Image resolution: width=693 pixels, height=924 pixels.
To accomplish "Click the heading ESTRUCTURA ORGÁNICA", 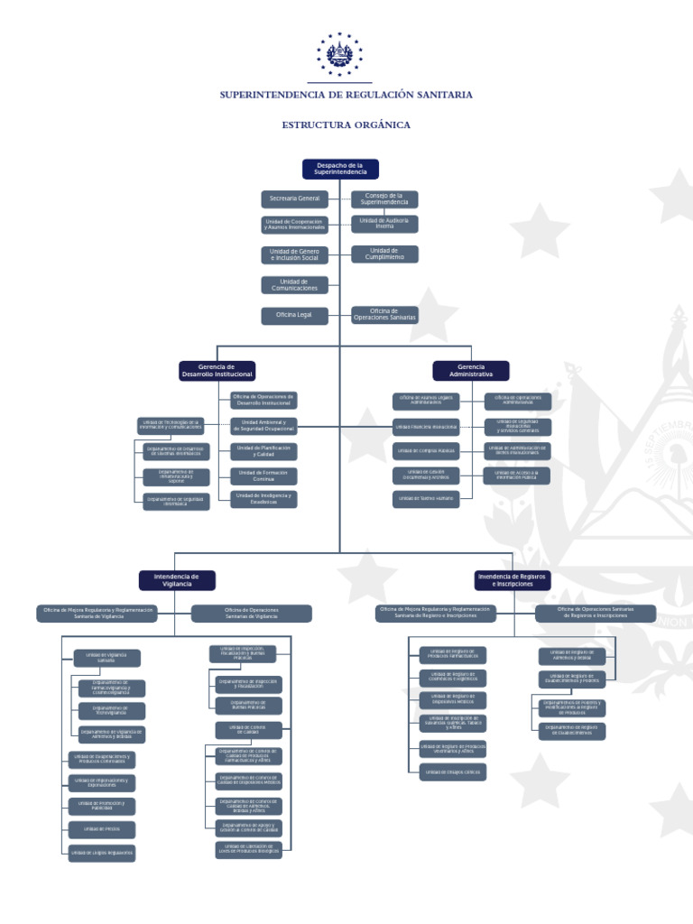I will (x=346, y=125).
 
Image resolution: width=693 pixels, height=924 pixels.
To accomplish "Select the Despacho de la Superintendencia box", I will (x=340, y=169).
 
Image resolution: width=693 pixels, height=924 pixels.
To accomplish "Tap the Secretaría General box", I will (x=295, y=199).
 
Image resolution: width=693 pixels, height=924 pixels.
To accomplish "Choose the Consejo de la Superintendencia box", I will (x=384, y=199).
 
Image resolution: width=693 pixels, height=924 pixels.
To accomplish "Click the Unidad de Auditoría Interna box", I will (x=384, y=224).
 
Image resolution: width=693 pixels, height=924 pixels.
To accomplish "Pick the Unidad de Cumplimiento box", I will (x=384, y=254).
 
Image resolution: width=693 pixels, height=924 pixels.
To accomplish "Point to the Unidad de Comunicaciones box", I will (x=295, y=284).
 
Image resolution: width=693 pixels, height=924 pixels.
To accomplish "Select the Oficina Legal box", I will (x=295, y=315).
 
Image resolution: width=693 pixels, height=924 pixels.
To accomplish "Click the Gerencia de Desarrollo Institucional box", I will (x=217, y=370).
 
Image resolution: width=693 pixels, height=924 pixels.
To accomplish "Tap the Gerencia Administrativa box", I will (x=471, y=370).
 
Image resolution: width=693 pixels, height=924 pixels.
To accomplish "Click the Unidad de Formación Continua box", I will (x=263, y=475).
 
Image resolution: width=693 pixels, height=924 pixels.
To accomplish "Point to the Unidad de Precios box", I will (x=102, y=828).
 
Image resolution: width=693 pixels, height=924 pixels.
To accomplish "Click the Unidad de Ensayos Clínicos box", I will (x=453, y=772).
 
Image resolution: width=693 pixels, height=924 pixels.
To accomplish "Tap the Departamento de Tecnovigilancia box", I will (x=111, y=711).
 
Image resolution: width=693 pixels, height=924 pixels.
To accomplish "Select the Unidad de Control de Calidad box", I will (x=249, y=729).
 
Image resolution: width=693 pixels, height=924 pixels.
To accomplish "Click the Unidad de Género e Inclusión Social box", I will (x=295, y=254).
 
